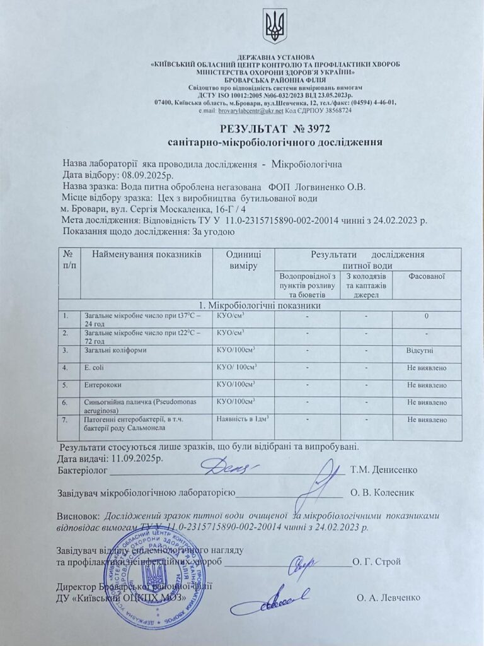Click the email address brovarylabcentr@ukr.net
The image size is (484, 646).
tap(256, 110)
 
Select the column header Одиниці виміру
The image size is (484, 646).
tap(240, 261)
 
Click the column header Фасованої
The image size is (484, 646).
tap(427, 276)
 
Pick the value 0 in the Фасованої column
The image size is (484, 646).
tap(427, 315)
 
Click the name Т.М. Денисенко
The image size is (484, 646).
tap(383, 470)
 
